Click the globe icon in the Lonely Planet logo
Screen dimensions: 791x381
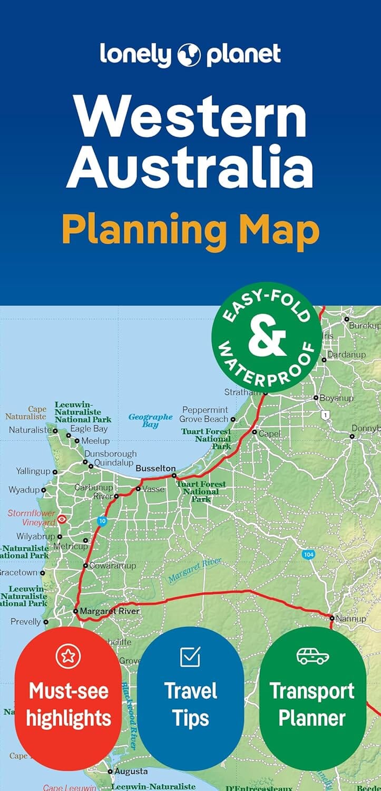[x=190, y=55]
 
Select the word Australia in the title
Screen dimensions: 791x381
[x=190, y=169]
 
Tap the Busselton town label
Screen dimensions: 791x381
[x=155, y=468]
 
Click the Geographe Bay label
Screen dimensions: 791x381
[x=151, y=420]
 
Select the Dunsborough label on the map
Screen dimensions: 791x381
[x=111, y=454]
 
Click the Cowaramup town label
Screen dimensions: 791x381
[x=112, y=566]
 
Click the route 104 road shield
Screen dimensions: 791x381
[x=309, y=555]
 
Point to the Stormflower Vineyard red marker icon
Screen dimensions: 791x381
[x=62, y=519]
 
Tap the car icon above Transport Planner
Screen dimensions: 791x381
[x=312, y=656]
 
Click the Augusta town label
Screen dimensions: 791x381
[x=131, y=771]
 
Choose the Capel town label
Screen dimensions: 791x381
[x=269, y=433]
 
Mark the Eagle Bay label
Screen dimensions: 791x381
[x=89, y=429]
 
